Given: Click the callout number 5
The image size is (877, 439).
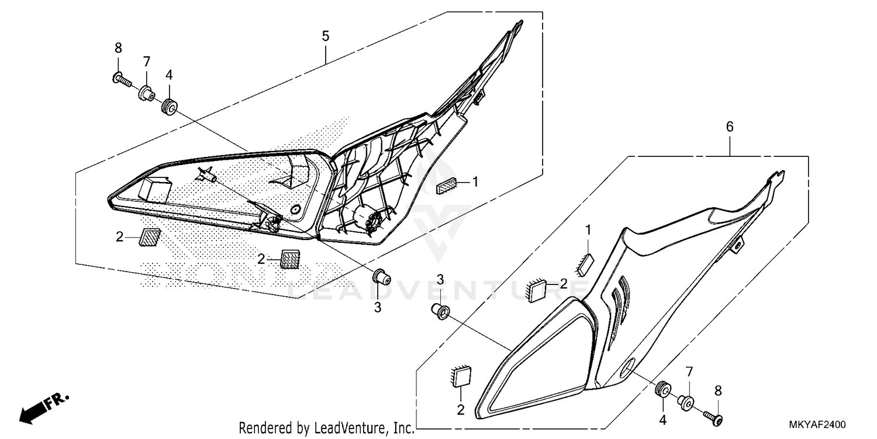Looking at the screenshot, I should coord(325,36).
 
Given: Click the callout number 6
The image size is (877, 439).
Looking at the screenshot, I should coord(729,126).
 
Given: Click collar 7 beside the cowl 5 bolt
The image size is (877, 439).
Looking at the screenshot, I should coord(146,92).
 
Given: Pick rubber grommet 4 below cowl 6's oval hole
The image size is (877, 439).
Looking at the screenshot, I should coord(664,389).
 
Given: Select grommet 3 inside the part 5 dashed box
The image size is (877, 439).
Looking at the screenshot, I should coord(381,275).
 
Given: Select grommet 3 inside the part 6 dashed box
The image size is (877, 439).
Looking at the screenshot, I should coord(440,311).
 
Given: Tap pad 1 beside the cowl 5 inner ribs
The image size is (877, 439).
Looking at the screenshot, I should coord(448,186).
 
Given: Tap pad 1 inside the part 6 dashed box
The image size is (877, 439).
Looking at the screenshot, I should coord(585,263).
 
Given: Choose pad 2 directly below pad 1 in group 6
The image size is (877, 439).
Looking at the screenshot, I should coord(537,289).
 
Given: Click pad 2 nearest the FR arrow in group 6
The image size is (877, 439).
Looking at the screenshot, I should coord(461,377).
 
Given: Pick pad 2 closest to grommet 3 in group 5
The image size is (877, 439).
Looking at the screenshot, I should coord(290,258).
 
